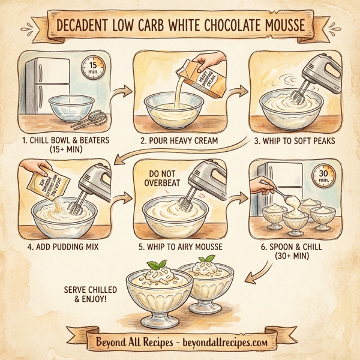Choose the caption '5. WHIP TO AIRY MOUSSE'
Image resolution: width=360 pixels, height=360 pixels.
[x=180, y=246]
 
